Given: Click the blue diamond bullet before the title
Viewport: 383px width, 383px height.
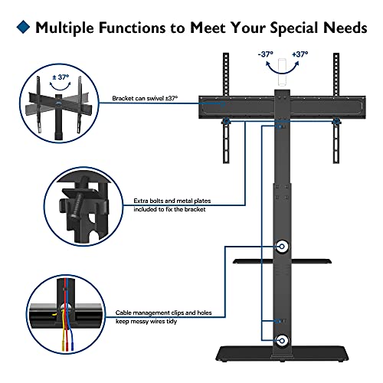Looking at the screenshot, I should [22, 28].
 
